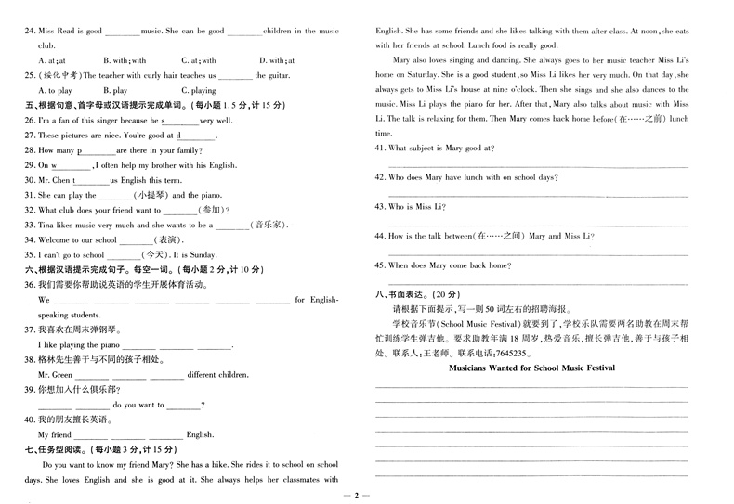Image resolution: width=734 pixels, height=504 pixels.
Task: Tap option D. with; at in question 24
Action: tap(278, 61)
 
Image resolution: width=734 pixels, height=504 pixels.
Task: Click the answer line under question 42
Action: tap(531, 191)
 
